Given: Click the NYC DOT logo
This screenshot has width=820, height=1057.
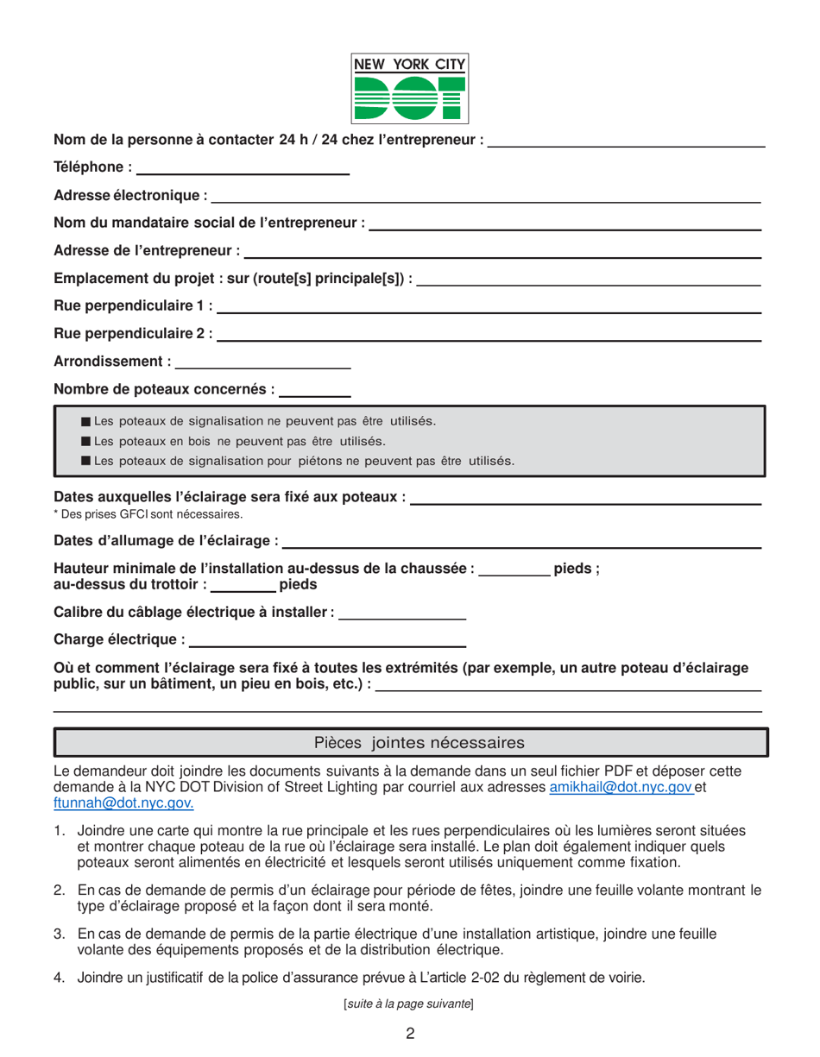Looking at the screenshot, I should click(x=409, y=87).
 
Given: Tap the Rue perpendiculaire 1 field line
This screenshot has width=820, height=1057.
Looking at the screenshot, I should click(x=489, y=311).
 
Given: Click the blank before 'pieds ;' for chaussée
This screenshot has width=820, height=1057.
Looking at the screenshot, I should click(x=514, y=575).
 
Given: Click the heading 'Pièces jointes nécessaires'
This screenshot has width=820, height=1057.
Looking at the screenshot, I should click(x=410, y=742).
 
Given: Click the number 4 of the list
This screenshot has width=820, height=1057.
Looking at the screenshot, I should click(x=59, y=978).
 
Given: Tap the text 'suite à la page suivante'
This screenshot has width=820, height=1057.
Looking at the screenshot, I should click(x=409, y=1004).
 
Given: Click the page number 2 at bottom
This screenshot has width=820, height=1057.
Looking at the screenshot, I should click(x=410, y=1033).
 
